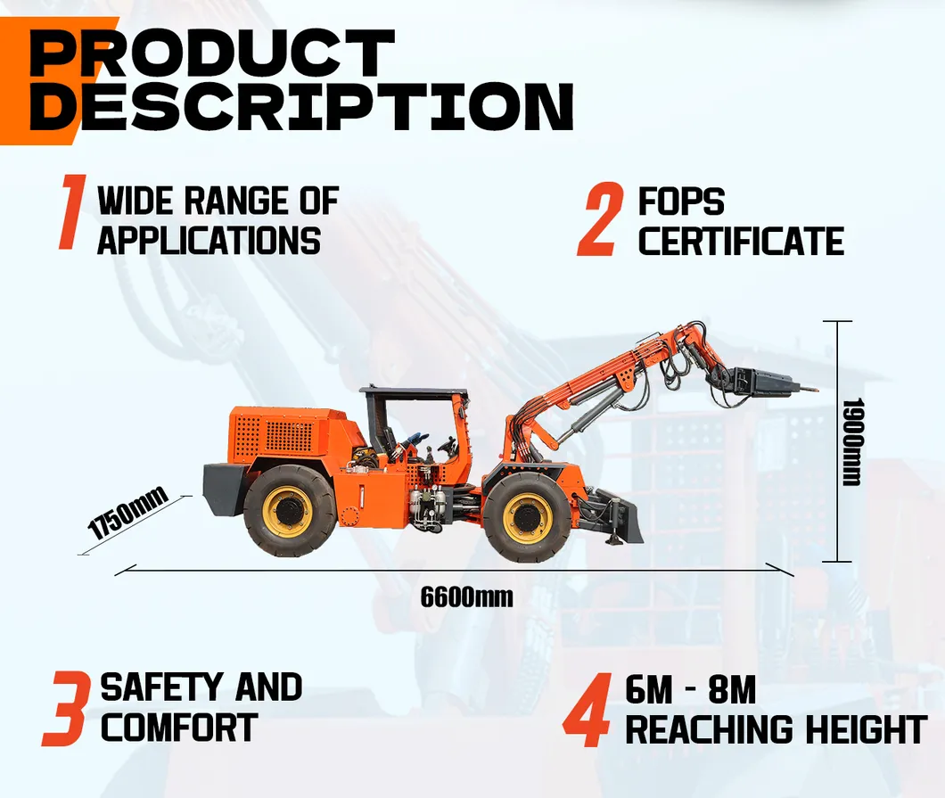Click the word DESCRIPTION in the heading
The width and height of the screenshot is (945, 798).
(300, 108)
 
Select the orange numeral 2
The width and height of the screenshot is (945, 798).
(598, 221)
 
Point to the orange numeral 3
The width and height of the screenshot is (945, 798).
(66, 709)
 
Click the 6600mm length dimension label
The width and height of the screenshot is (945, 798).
(466, 596)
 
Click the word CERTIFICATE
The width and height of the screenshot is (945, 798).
(741, 242)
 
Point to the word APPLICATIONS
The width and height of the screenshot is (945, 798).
(209, 241)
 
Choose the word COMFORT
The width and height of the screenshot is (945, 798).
(179, 728)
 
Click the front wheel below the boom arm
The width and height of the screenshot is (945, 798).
(527, 517)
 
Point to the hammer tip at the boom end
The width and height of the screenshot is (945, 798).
(812, 387)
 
